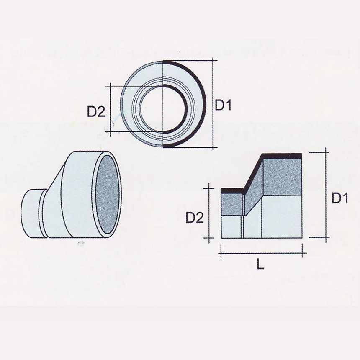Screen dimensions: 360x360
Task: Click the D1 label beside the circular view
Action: (x=223, y=105)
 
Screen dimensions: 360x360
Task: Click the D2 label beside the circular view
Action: (x=95, y=111)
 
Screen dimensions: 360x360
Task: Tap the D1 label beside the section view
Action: (x=340, y=198)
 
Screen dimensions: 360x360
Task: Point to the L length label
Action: (x=260, y=265)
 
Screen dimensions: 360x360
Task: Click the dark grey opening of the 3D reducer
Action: (x=108, y=195)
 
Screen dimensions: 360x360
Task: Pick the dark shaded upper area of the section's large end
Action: (x=281, y=176)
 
